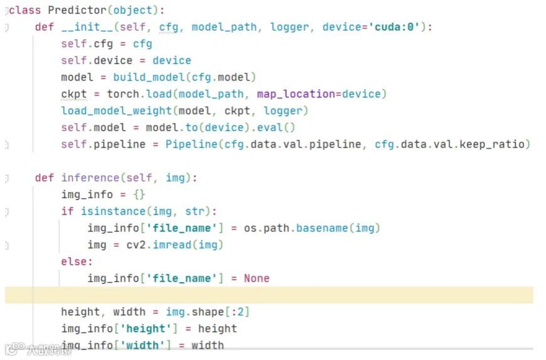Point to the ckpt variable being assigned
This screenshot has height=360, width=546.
[x=73, y=94]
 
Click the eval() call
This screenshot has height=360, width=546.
[x=279, y=127]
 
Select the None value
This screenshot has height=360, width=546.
[x=257, y=278]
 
